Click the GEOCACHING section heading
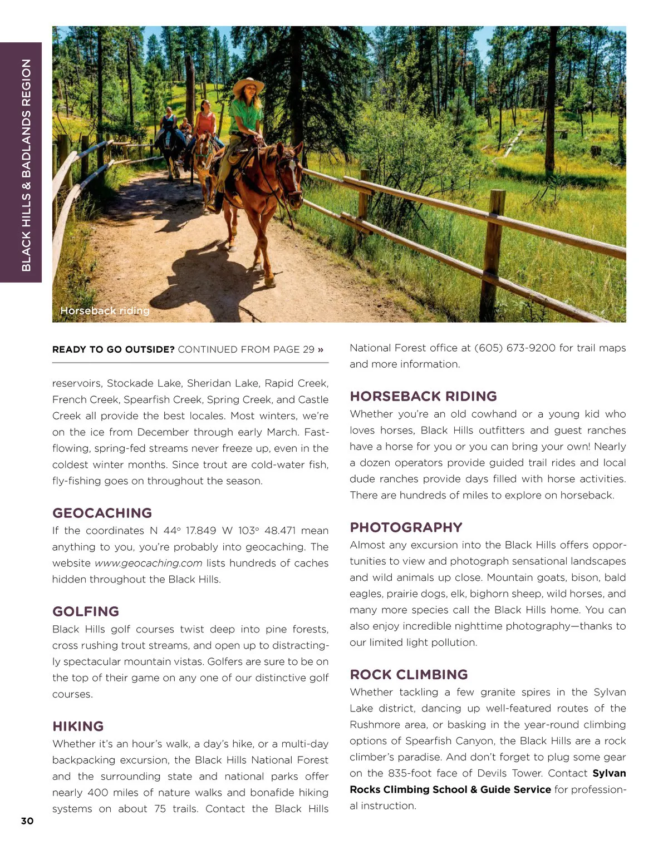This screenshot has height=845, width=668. [x=102, y=513]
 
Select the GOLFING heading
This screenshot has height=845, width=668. [x=86, y=611]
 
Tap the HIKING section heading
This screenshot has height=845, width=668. [x=78, y=726]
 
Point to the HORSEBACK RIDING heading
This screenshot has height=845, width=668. [x=423, y=396]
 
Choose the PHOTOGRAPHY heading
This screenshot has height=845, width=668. [x=406, y=527]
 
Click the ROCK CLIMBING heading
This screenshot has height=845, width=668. [x=409, y=674]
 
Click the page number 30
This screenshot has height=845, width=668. [x=27, y=821]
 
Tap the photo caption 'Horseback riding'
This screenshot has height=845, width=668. [x=105, y=310]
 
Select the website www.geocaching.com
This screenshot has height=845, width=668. [x=148, y=563]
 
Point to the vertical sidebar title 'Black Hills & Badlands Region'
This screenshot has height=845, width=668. [x=26, y=165]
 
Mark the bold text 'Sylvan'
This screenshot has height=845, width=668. [x=609, y=773]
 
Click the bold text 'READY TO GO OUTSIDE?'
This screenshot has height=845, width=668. [x=114, y=349]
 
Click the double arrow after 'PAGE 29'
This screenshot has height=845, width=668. [x=321, y=349]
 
